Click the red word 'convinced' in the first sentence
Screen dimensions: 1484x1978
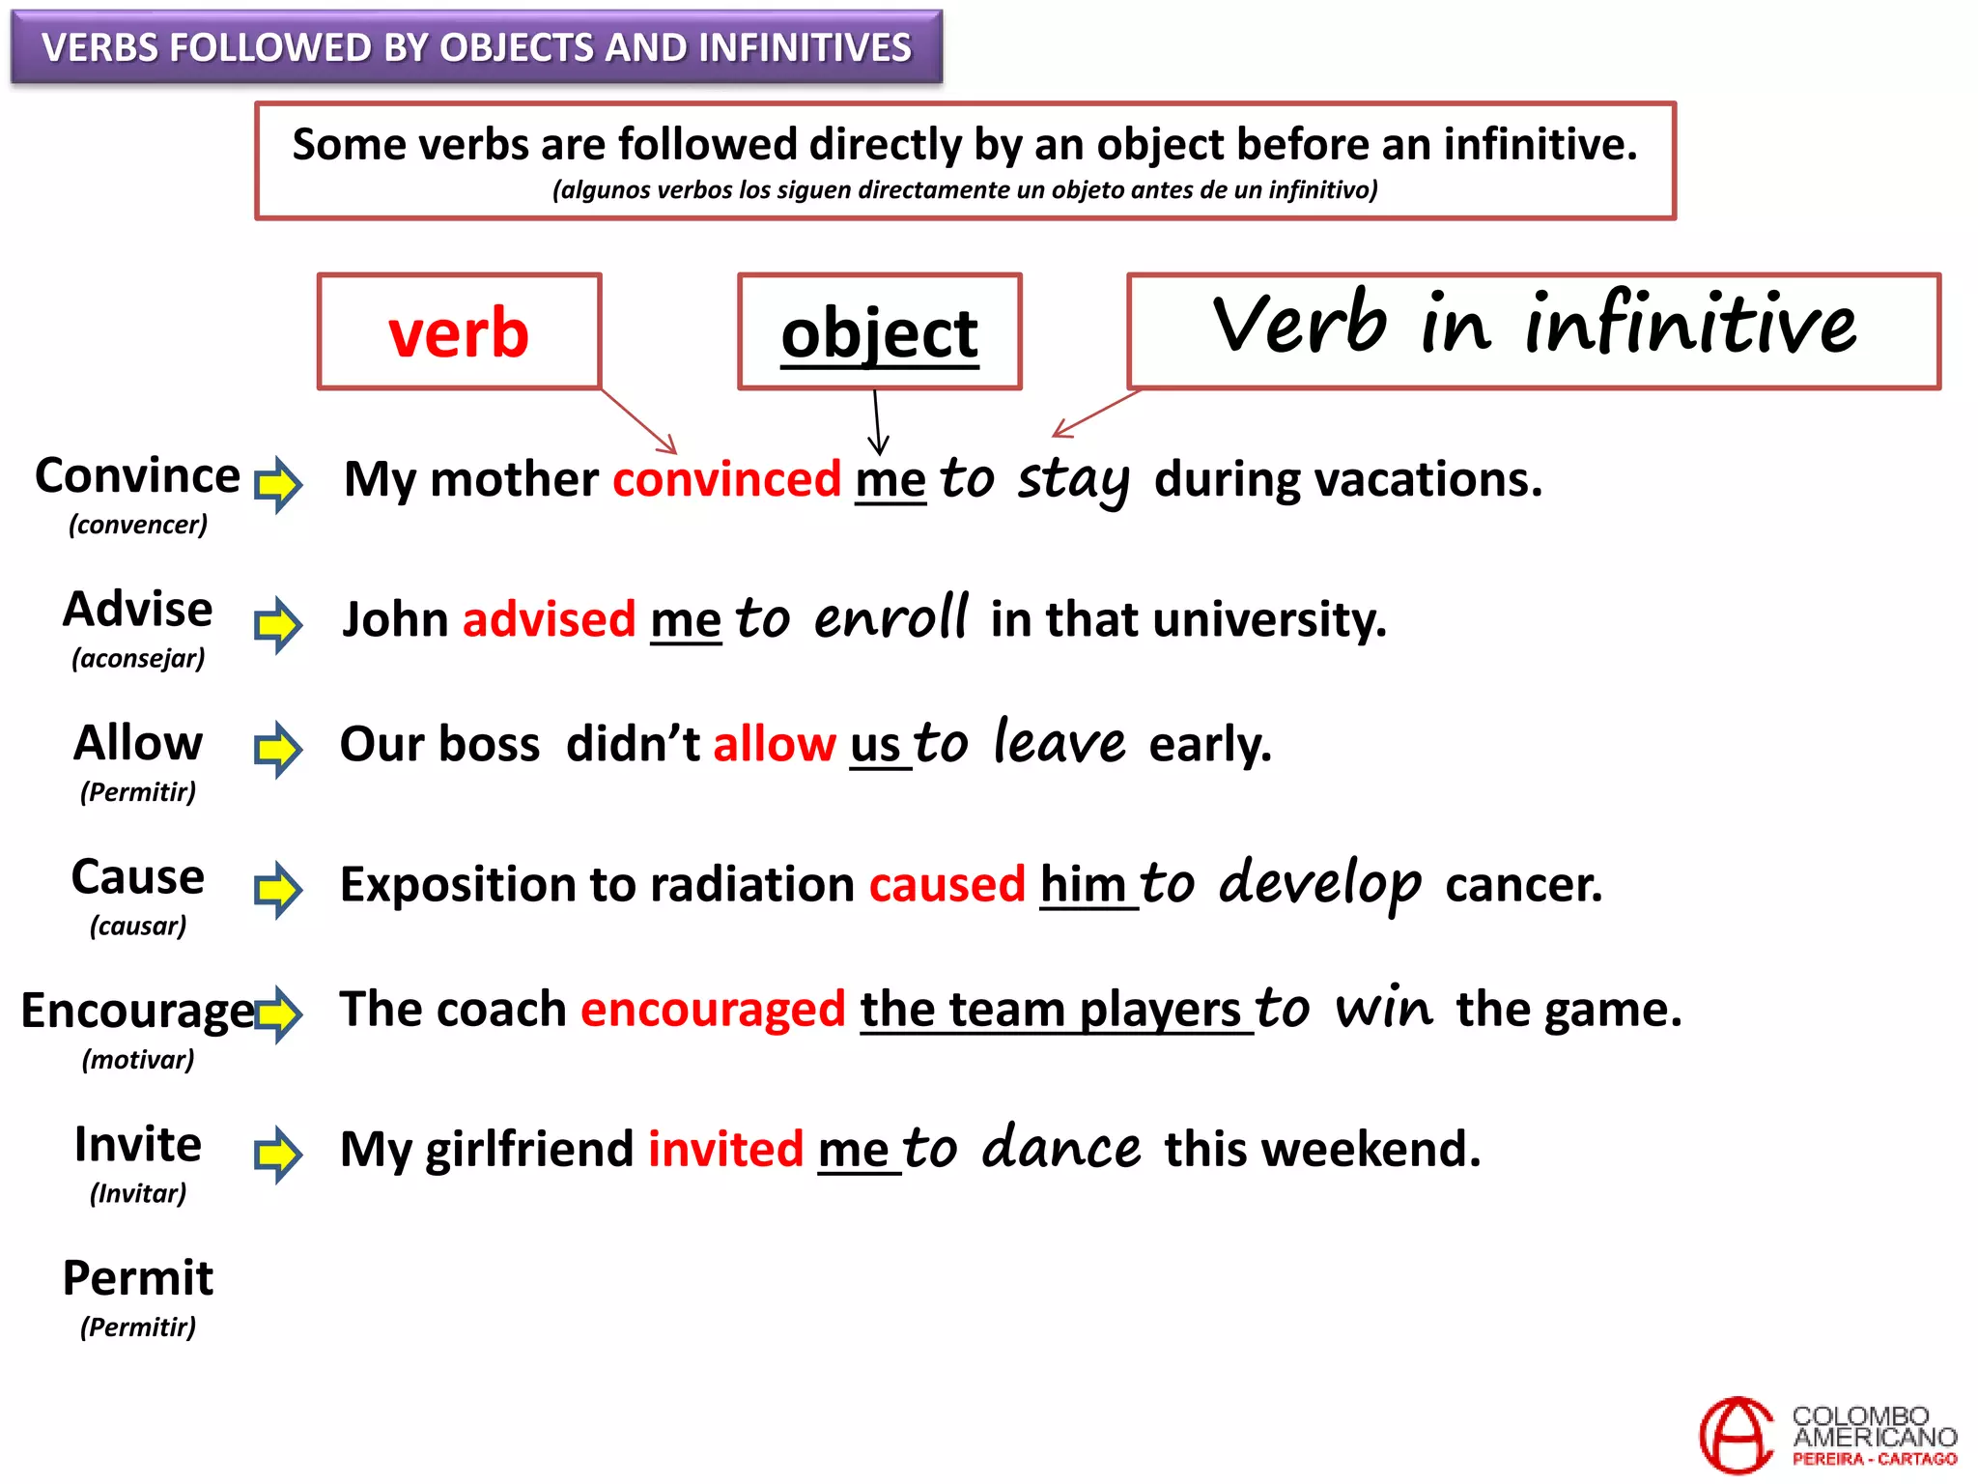[x=726, y=479]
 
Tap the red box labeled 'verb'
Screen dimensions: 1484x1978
[x=460, y=332]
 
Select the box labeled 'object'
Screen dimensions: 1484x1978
[x=879, y=332]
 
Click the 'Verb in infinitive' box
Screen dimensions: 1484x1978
[x=1533, y=330]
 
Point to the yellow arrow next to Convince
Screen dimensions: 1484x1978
[x=278, y=483]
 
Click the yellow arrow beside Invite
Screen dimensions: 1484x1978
[x=278, y=1154]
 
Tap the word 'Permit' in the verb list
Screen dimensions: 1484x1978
[x=138, y=1278]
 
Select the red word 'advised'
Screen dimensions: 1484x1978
[x=549, y=619]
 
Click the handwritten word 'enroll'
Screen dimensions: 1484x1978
[x=890, y=617]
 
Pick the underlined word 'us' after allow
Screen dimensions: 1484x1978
[x=875, y=745]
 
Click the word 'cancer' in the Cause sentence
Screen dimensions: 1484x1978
[x=1523, y=885]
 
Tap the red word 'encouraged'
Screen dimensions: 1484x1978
[x=713, y=1010]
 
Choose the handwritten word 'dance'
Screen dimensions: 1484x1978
[x=1060, y=1148]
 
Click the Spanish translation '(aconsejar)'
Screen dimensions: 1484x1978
[x=138, y=659]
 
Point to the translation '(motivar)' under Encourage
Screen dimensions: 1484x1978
[x=138, y=1060]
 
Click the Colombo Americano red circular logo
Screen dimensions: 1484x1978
[x=1736, y=1435]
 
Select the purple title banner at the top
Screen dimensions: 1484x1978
[x=476, y=47]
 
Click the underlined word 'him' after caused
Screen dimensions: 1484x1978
[x=1083, y=885]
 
